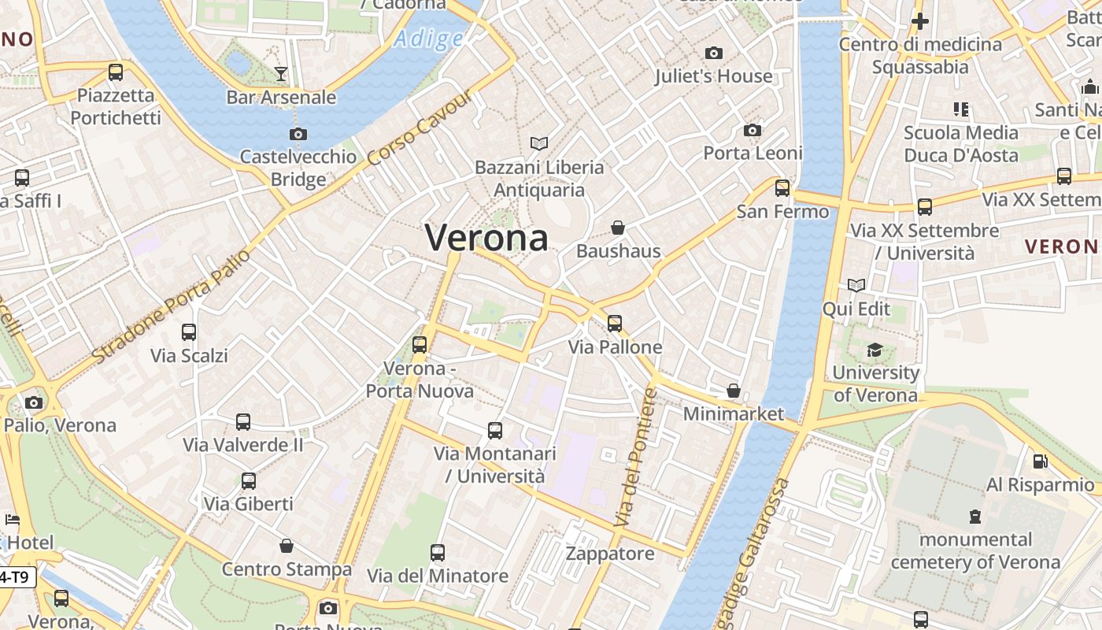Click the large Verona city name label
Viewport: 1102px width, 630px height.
(x=486, y=237)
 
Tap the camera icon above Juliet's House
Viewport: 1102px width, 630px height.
(x=714, y=53)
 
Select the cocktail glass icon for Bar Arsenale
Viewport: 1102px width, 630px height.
(x=281, y=74)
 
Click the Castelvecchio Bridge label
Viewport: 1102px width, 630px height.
(x=298, y=168)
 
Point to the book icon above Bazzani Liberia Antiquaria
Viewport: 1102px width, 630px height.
(x=539, y=143)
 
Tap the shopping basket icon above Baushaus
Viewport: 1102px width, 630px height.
(x=618, y=228)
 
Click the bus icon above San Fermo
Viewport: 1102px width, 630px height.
(x=782, y=188)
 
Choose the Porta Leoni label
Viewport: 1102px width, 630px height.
(x=753, y=153)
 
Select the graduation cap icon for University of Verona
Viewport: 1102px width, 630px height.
(x=875, y=349)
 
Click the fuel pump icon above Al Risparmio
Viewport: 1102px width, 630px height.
(x=1040, y=461)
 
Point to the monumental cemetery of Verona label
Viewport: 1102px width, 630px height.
(x=975, y=550)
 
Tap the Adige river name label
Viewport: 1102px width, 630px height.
(x=429, y=38)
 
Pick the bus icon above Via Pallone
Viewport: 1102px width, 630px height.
(x=615, y=323)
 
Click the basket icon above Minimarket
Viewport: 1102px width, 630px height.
(x=734, y=391)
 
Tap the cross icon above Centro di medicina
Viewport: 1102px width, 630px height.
(x=919, y=21)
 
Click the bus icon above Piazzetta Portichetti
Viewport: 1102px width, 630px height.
(x=116, y=72)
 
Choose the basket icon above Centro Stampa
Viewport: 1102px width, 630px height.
(x=287, y=546)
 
